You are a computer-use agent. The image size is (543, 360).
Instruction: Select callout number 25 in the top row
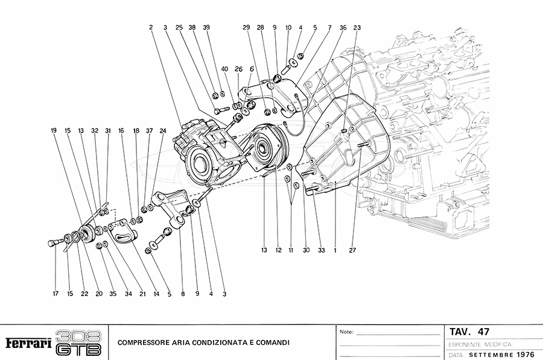179,28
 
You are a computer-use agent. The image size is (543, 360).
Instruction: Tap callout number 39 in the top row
206,28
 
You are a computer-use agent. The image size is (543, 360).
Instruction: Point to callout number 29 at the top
246,28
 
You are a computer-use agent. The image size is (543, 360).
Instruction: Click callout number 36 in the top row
343,28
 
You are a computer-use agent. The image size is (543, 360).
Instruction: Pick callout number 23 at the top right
357,28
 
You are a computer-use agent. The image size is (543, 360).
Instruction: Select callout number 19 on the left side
54,130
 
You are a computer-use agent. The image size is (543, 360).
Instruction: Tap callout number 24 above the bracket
162,130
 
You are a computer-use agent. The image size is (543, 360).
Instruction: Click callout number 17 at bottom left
55,294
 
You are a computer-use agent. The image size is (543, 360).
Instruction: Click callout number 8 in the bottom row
182,294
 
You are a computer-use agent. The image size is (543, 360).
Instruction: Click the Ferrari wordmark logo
28,343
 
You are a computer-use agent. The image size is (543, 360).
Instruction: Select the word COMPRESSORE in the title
144,343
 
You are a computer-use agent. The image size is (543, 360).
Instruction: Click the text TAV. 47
469,332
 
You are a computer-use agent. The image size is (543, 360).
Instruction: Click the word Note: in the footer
347,332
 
